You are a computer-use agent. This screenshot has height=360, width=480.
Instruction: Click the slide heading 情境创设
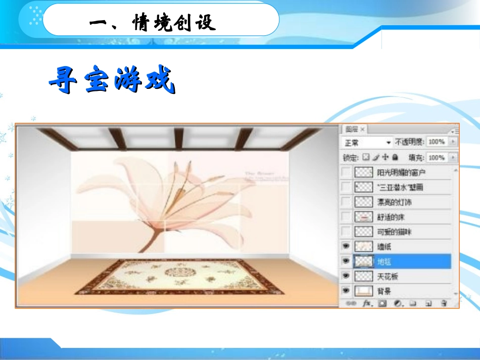pyautogui.click(x=152, y=22)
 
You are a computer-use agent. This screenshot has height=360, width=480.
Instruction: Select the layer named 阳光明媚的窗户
pyautogui.click(x=401, y=172)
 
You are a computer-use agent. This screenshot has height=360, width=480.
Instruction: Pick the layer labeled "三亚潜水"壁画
pyautogui.click(x=400, y=187)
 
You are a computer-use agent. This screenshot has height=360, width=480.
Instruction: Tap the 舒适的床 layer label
pyautogui.click(x=391, y=217)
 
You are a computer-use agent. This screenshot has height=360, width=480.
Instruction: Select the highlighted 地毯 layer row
pyautogui.click(x=399, y=261)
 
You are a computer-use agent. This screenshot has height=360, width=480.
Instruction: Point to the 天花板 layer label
pyautogui.click(x=388, y=276)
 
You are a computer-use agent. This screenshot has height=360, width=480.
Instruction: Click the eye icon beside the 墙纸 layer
pyautogui.click(x=346, y=246)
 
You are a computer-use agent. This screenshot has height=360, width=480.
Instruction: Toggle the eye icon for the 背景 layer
pyautogui.click(x=346, y=291)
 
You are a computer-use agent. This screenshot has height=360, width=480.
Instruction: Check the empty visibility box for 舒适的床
pyautogui.click(x=346, y=217)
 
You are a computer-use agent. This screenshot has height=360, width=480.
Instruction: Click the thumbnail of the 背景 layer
pyautogui.click(x=363, y=291)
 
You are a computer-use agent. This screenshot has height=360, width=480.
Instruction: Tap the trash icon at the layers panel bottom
pyautogui.click(x=444, y=303)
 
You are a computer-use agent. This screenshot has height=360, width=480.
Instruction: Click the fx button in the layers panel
pyautogui.click(x=367, y=303)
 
